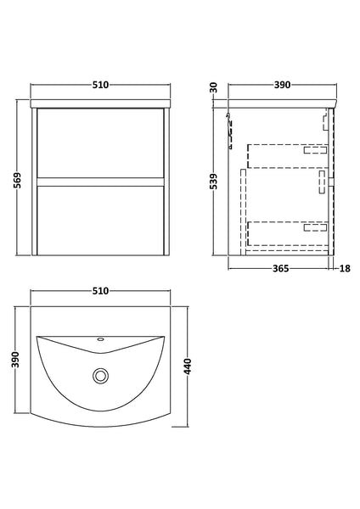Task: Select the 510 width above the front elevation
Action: (100, 85)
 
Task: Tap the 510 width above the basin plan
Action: (100, 291)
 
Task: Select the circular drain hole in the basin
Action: (101, 374)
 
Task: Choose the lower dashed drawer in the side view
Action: (286, 231)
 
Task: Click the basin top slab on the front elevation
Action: (101, 103)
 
